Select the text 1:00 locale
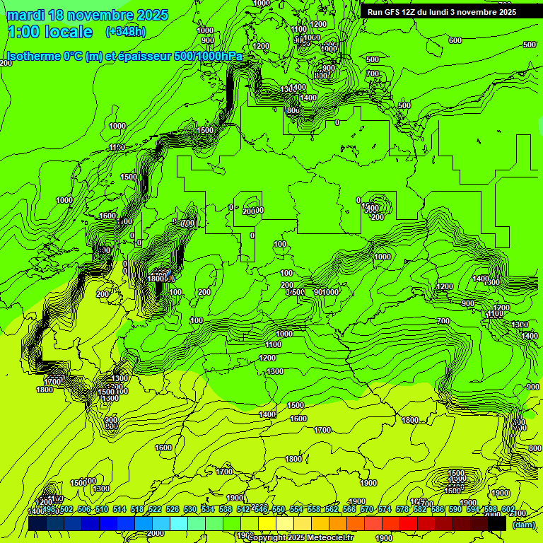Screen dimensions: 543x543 (50, 32)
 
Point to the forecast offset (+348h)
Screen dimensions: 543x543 (125, 32)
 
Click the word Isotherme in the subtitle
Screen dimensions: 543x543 (33, 57)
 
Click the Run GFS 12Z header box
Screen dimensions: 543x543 (442, 11)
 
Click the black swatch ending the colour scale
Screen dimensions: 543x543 (498, 523)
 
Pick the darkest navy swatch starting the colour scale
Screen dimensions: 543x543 (37, 523)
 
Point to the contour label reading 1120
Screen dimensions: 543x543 (117, 147)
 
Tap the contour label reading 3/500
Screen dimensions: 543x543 (295, 292)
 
